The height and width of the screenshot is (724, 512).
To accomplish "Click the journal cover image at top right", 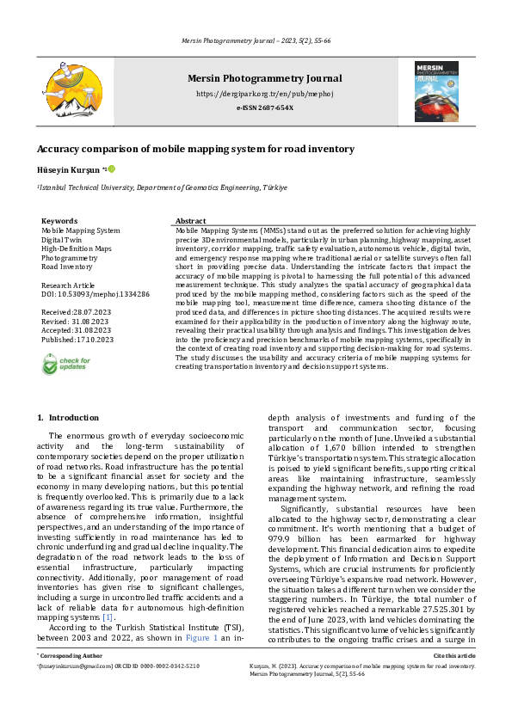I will pyautogui.click(x=435, y=90).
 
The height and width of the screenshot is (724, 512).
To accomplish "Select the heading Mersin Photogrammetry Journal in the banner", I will pyautogui.click(x=264, y=79).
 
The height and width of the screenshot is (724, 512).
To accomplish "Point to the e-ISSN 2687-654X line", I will pyautogui.click(x=264, y=107).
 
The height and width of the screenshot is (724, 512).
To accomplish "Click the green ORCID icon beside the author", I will pyautogui.click(x=111, y=170).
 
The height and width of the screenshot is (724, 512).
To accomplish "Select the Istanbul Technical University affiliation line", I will pyautogui.click(x=162, y=187).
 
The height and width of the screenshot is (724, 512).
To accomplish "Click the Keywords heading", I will pyautogui.click(x=59, y=221).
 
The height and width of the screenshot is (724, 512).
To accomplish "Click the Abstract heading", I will pyautogui.click(x=190, y=221).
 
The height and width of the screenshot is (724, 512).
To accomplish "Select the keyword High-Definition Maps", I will pyautogui.click(x=77, y=248).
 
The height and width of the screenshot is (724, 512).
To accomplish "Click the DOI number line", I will pyautogui.click(x=96, y=294).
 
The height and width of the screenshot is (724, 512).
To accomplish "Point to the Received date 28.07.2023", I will pyautogui.click(x=77, y=312).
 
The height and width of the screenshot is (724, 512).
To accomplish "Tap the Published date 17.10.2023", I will pyautogui.click(x=78, y=340).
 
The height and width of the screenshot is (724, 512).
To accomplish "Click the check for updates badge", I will pyautogui.click(x=65, y=364).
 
